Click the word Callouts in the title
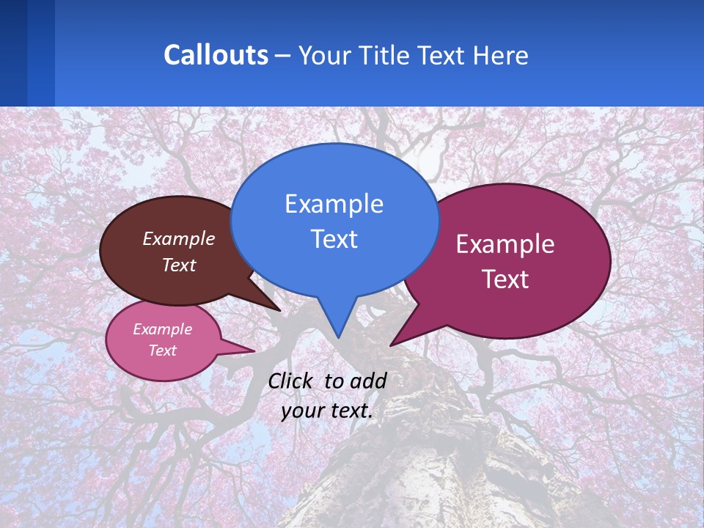216,55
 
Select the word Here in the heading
502,56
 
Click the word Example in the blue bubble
334,204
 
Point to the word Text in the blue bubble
334,239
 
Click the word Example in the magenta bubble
505,244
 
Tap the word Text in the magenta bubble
505,279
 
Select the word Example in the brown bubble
179,239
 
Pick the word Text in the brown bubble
179,265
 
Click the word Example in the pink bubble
163,329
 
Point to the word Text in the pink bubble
163,351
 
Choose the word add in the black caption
367,381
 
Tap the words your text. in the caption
327,411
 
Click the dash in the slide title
283,56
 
